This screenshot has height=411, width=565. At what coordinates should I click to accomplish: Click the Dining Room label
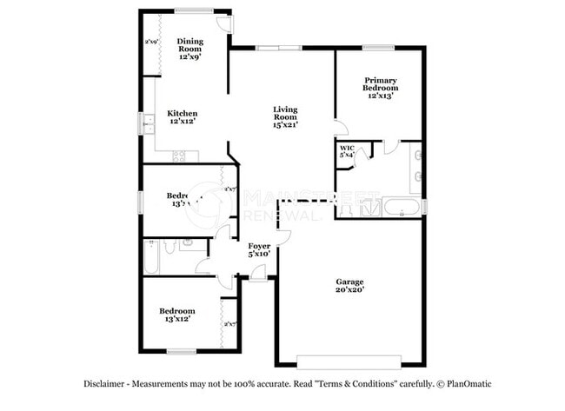(190, 45)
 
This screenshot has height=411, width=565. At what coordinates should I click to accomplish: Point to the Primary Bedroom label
(381, 84)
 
